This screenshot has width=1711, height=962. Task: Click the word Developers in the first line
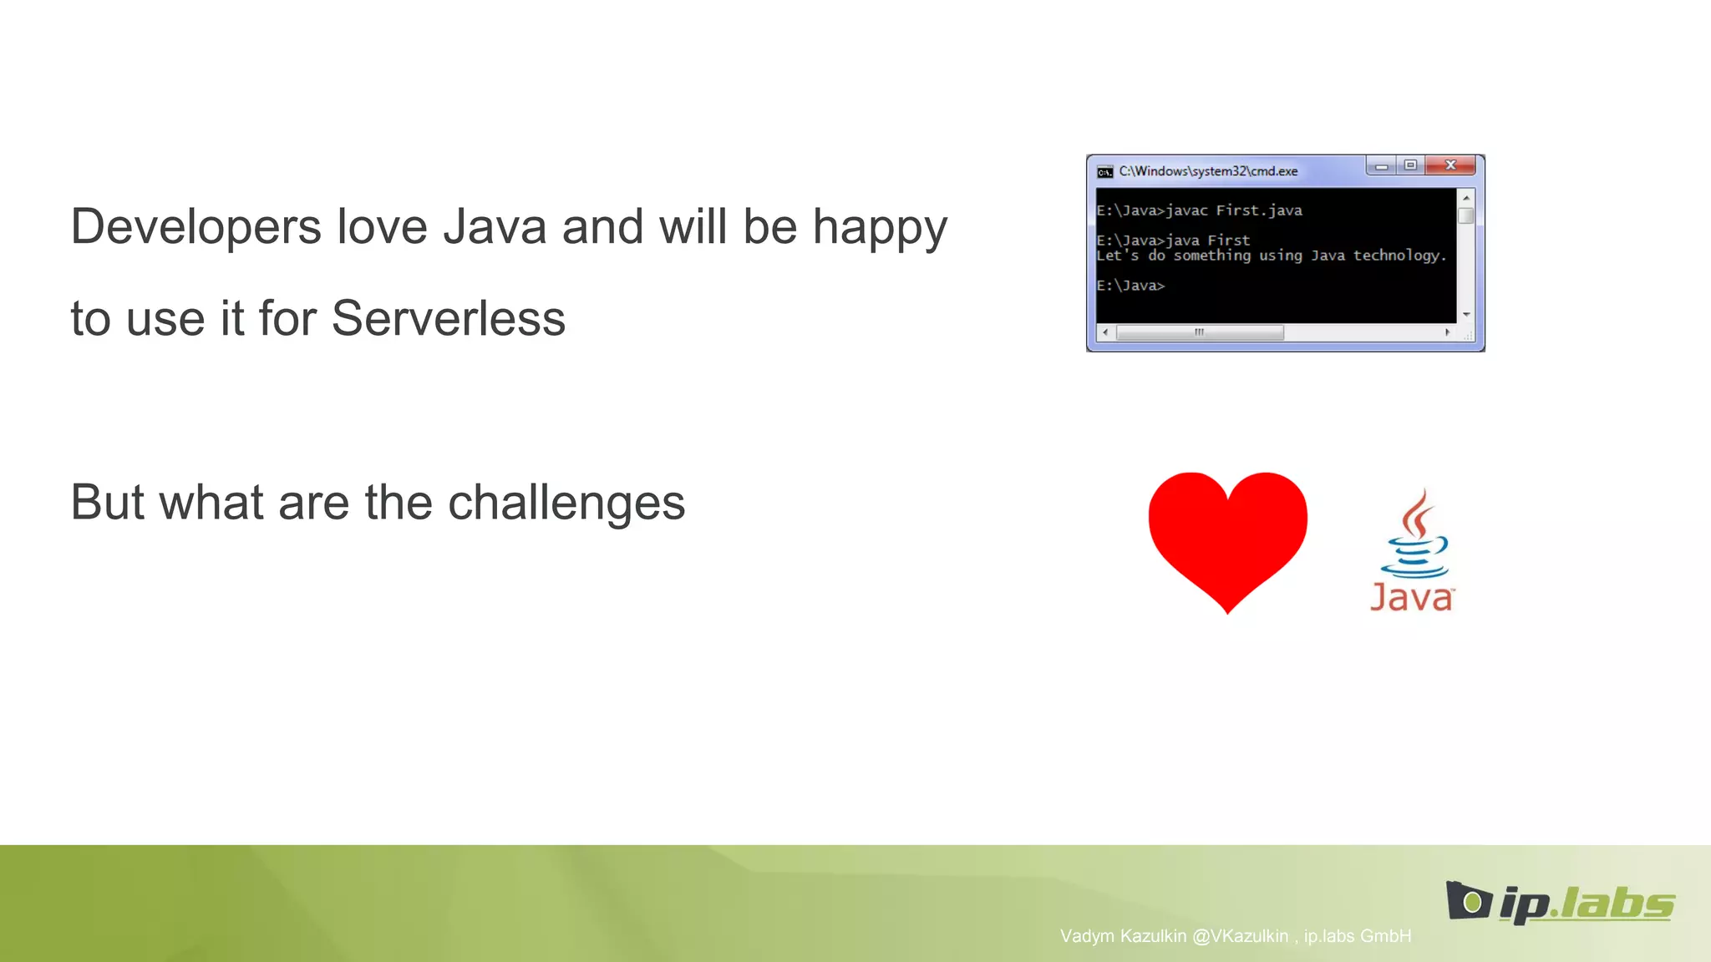195,227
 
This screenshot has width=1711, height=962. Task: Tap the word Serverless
448,319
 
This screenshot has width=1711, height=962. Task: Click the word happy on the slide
879,227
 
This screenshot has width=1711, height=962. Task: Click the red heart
1227,534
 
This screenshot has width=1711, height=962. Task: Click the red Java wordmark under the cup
1411,598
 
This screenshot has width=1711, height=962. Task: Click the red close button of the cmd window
1451,165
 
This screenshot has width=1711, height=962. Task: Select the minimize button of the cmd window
1382,166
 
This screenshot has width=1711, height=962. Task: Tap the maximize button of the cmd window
1410,165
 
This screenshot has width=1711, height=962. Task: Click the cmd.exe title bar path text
1208,171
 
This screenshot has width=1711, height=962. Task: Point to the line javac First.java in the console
1199,210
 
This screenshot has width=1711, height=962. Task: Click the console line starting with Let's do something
1270,256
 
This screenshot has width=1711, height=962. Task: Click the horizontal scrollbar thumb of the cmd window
1200,332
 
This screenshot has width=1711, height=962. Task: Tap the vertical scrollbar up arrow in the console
1466,198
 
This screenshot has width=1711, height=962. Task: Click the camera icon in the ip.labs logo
1469,901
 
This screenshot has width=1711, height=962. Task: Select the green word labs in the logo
1617,904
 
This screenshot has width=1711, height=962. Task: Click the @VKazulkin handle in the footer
1240,936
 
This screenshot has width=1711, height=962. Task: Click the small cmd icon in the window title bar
1104,172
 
